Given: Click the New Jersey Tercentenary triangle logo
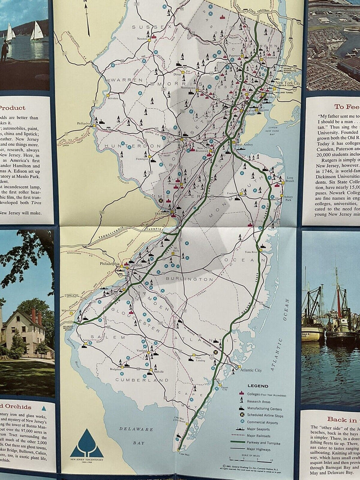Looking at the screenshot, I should click(87, 442).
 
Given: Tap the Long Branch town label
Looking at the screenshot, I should click(289, 180).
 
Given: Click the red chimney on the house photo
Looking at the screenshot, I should click(33, 315).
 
